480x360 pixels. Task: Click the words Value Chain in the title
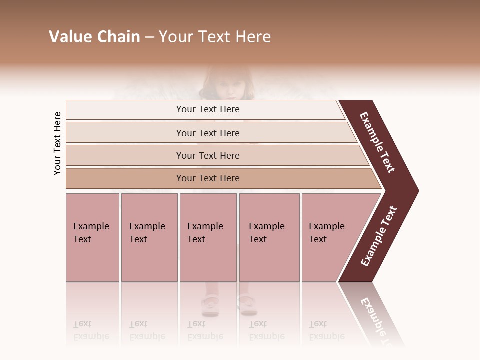point(94,37)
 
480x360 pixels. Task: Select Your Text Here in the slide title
point(215,37)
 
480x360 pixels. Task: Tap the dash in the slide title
point(149,37)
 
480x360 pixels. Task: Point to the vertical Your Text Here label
point(57,143)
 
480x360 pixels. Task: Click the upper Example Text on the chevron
point(377,142)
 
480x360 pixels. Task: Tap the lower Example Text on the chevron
point(379,236)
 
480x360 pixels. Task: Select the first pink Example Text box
point(92,237)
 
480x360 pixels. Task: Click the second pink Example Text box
point(149,237)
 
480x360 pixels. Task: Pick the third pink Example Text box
point(208,237)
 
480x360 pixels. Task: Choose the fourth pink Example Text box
point(269,237)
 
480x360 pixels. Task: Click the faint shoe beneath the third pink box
point(210,304)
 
